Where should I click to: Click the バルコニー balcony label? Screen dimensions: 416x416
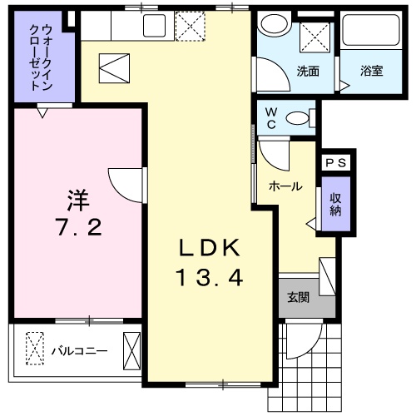click(x=79, y=350)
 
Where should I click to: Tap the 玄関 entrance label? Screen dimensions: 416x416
click(x=299, y=297)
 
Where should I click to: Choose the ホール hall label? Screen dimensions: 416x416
click(x=285, y=187)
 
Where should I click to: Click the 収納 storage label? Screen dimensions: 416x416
click(x=334, y=205)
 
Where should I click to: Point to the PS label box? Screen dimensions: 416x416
click(x=335, y=163)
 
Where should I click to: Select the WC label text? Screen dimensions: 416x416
click(x=272, y=116)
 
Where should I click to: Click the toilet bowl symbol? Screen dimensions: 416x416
click(x=296, y=118)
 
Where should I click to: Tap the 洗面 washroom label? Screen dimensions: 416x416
click(x=309, y=71)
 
